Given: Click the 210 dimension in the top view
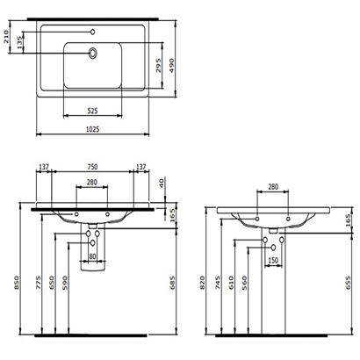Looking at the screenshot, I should tap(7, 36).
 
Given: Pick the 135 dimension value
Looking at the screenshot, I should tap(21, 42).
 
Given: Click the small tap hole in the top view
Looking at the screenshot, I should tap(93, 32).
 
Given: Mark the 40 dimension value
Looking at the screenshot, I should tap(161, 183).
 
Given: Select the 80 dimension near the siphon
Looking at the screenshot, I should tap(92, 256).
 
